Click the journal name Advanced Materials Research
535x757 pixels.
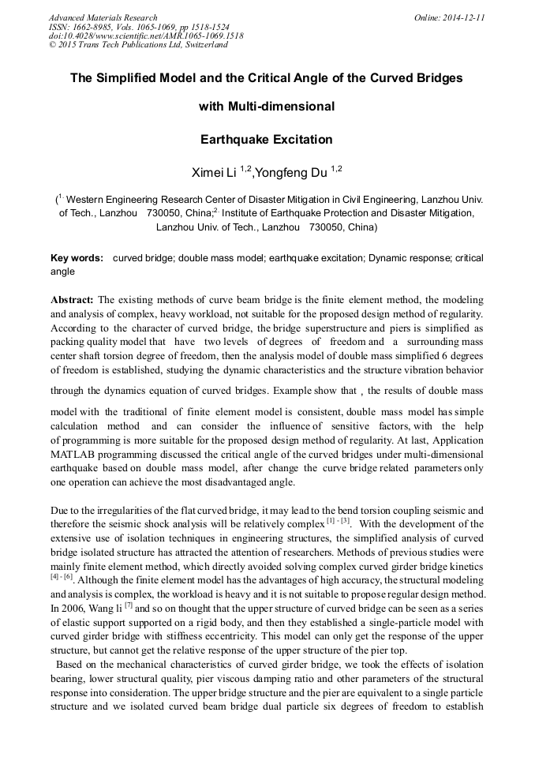103,17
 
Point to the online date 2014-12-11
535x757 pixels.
465,17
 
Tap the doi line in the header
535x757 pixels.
135,36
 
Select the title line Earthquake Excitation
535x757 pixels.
267,140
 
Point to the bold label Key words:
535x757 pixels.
77,258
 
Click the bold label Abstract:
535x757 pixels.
72,299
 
